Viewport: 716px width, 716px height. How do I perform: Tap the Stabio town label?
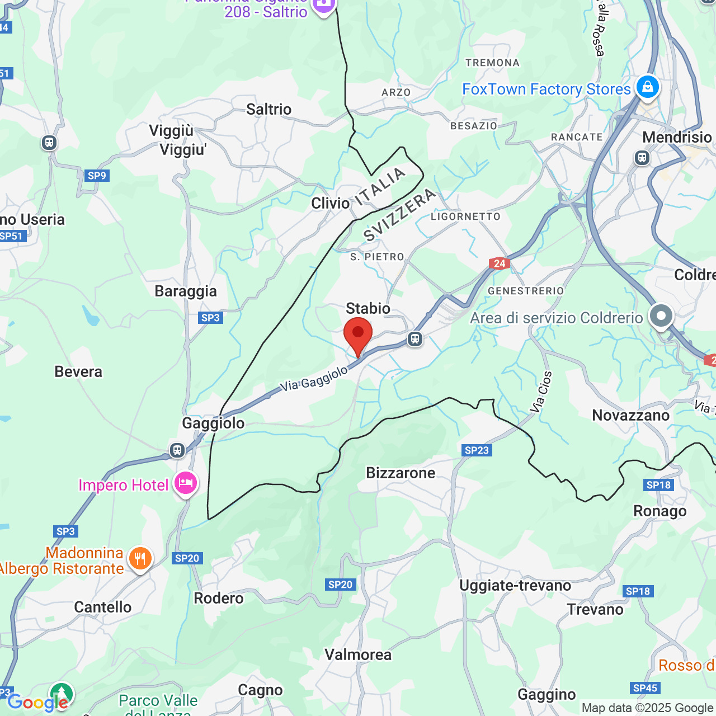368,308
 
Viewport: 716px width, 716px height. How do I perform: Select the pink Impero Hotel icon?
186,483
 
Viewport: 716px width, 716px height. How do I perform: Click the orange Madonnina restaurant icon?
140,559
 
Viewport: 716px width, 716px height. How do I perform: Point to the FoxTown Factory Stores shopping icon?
648,87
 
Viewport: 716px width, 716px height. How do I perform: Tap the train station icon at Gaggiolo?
177,450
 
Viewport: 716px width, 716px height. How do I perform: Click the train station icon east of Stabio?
414,338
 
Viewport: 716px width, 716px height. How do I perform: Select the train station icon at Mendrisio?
642,158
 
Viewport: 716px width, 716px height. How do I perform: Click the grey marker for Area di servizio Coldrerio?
661,316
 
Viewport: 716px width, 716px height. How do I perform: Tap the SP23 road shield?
477,450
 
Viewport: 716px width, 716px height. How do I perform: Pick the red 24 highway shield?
499,263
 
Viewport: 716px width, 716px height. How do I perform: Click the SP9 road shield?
97,176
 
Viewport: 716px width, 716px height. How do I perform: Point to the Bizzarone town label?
401,473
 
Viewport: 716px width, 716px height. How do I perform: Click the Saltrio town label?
269,109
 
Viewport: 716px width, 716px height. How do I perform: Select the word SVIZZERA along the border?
399,215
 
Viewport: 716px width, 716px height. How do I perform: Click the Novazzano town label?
631,416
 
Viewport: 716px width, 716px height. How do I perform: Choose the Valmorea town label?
358,654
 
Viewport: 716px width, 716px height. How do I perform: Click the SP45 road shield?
645,688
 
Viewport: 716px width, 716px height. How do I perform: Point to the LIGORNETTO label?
465,216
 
